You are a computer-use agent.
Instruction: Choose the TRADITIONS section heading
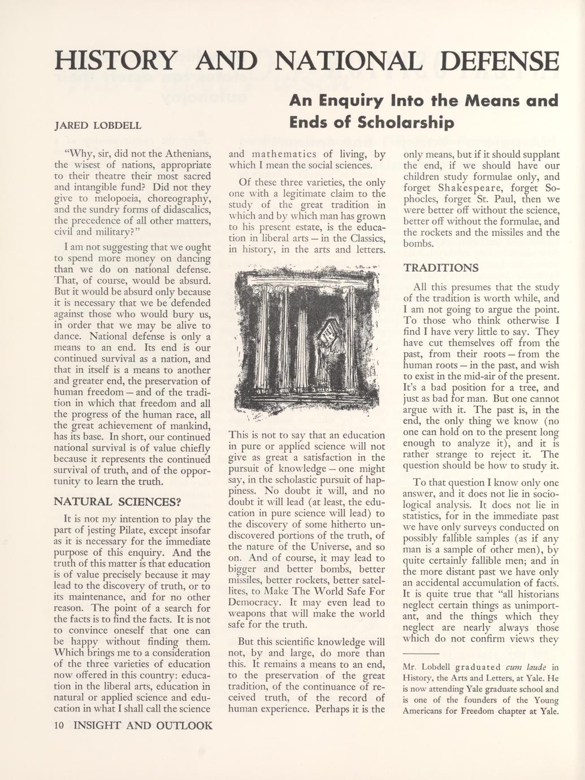click(x=441, y=267)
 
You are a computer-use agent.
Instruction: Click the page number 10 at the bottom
click(x=59, y=726)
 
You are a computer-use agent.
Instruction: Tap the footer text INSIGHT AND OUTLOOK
click(x=143, y=726)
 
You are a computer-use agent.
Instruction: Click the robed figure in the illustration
click(x=326, y=362)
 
